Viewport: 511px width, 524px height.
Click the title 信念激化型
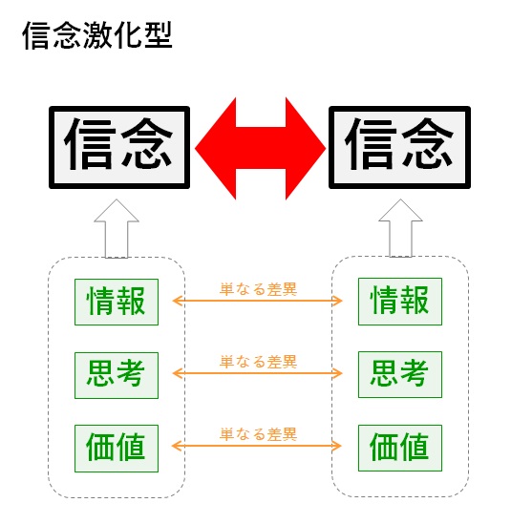point(97,35)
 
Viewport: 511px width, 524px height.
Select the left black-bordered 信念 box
point(119,147)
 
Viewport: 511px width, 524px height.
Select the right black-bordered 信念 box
point(399,147)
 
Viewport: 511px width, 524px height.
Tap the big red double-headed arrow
point(260,148)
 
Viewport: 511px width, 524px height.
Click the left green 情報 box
point(117,302)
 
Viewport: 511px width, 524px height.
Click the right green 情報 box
point(400,302)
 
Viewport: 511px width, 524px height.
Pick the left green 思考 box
point(117,375)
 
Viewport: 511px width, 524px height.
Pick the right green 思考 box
point(400,374)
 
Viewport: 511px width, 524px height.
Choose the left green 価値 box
point(117,449)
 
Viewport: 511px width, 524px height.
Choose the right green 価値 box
point(400,448)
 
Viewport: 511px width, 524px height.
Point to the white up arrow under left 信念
point(117,229)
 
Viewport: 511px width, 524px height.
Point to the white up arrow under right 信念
point(400,228)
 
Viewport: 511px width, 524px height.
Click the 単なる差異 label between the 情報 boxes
point(258,289)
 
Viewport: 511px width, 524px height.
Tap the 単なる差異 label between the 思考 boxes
point(258,362)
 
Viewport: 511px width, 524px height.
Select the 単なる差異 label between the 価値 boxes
point(258,434)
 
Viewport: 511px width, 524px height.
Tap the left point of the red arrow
point(195,148)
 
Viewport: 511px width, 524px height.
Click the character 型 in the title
point(159,35)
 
